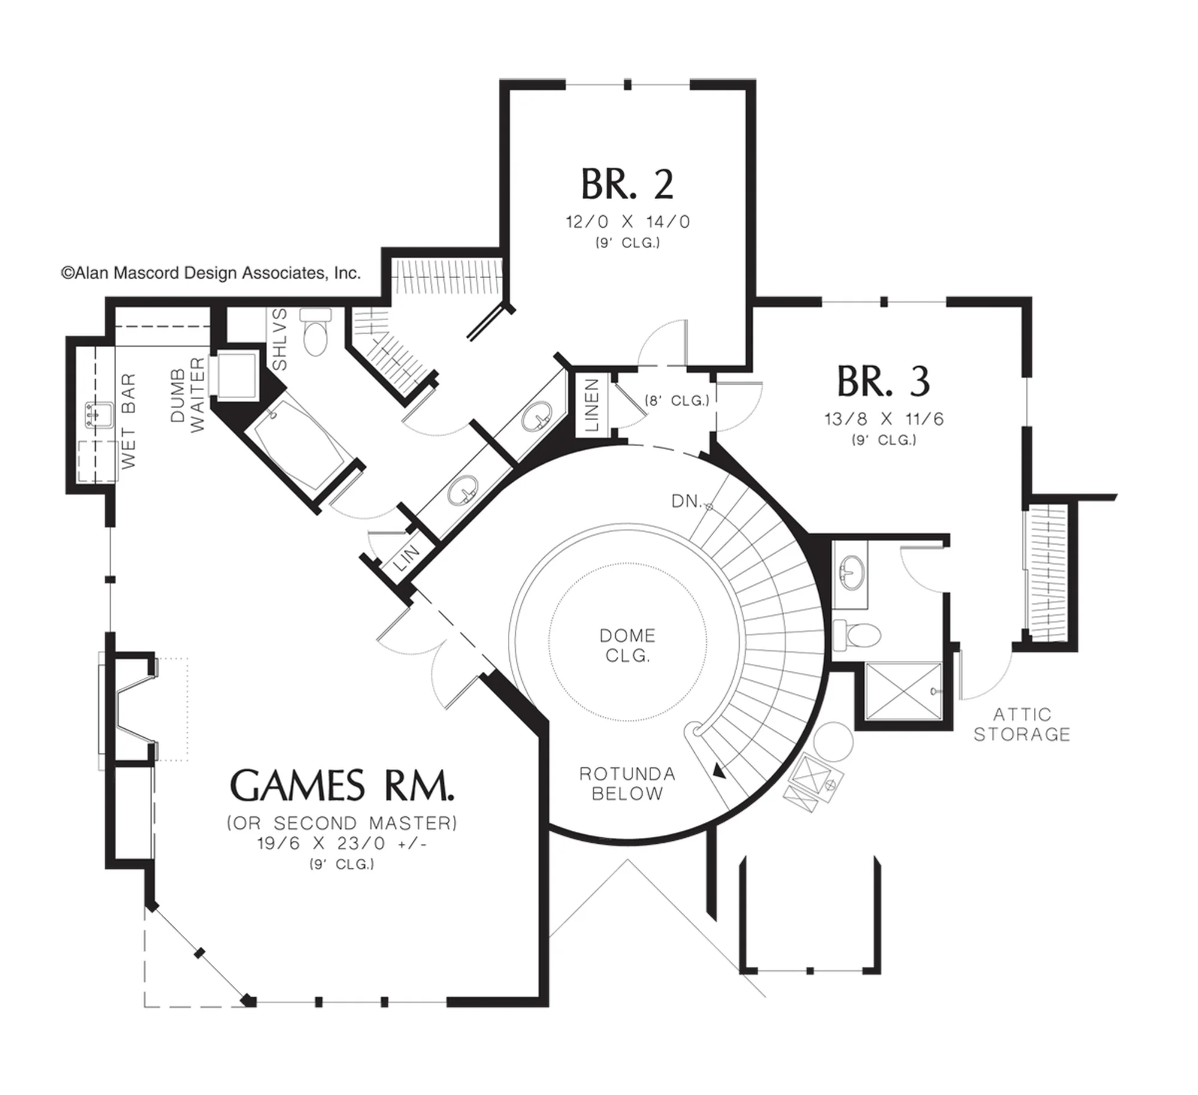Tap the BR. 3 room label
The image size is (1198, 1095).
884,381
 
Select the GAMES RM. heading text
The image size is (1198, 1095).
342,786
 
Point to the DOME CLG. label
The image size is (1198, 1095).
627,645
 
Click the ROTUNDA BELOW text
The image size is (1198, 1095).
627,783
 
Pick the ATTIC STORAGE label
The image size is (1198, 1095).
1022,724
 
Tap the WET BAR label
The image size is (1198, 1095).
128,420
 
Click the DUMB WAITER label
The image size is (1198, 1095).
187,394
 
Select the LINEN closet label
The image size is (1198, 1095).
592,405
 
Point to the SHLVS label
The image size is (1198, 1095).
280,339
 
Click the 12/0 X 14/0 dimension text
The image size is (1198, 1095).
628,222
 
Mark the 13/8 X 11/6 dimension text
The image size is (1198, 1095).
884,419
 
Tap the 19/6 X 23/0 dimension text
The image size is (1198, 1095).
342,843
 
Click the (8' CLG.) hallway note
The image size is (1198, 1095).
677,400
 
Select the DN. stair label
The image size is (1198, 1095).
686,501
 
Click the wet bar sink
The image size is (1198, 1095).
99,415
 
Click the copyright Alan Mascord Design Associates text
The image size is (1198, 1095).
211,273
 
